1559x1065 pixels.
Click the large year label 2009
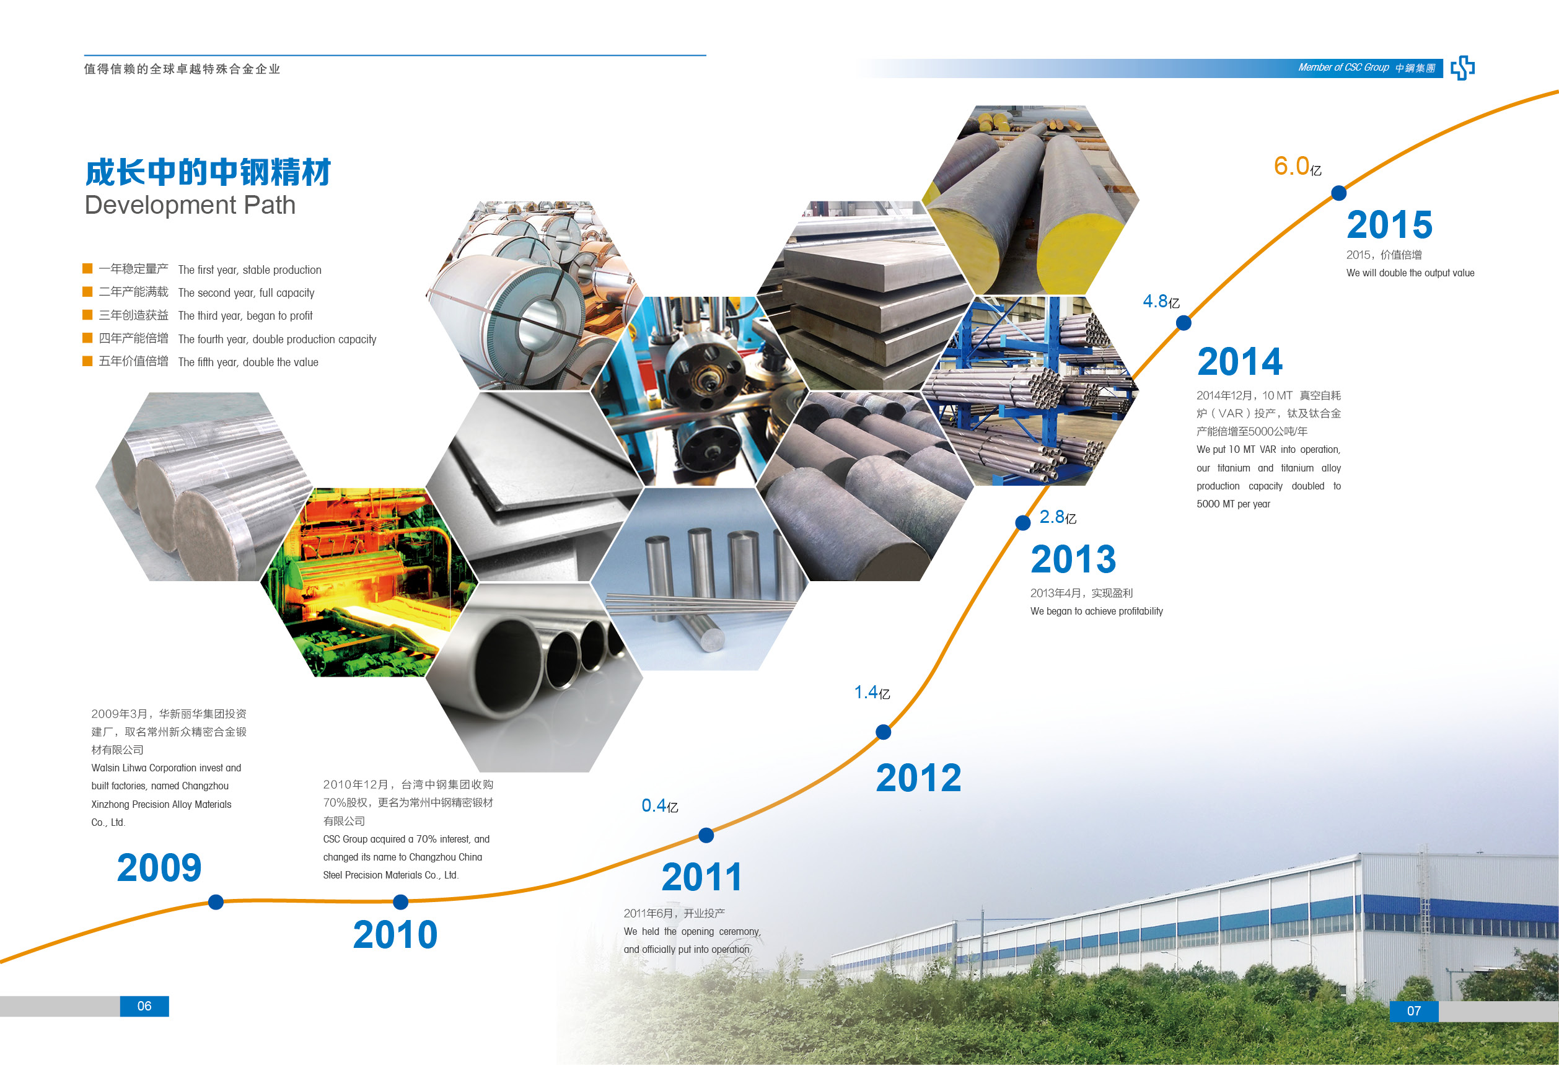pos(159,868)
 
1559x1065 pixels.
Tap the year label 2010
pos(395,935)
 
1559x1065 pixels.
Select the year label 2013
pos(1073,559)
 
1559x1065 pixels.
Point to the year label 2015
pos(1389,225)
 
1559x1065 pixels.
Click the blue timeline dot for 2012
pos(884,732)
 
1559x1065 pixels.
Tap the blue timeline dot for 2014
pos(1184,323)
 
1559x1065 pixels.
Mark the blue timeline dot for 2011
pos(706,835)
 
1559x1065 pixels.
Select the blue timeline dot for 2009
pos(216,902)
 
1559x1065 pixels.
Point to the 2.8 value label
pos(1057,517)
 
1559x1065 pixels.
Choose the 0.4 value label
pos(659,805)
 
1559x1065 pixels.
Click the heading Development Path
pos(190,205)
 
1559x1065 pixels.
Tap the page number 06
pos(144,1006)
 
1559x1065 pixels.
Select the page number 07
pos(1414,1010)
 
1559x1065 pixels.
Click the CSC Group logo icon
pos(1462,68)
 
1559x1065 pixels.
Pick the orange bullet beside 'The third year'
pos(87,315)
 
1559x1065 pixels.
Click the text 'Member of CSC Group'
pos(1343,68)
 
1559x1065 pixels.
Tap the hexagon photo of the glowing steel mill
pos(369,582)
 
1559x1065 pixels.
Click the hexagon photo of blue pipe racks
pos(1031,391)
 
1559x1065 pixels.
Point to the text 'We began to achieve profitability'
pos(1097,611)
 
